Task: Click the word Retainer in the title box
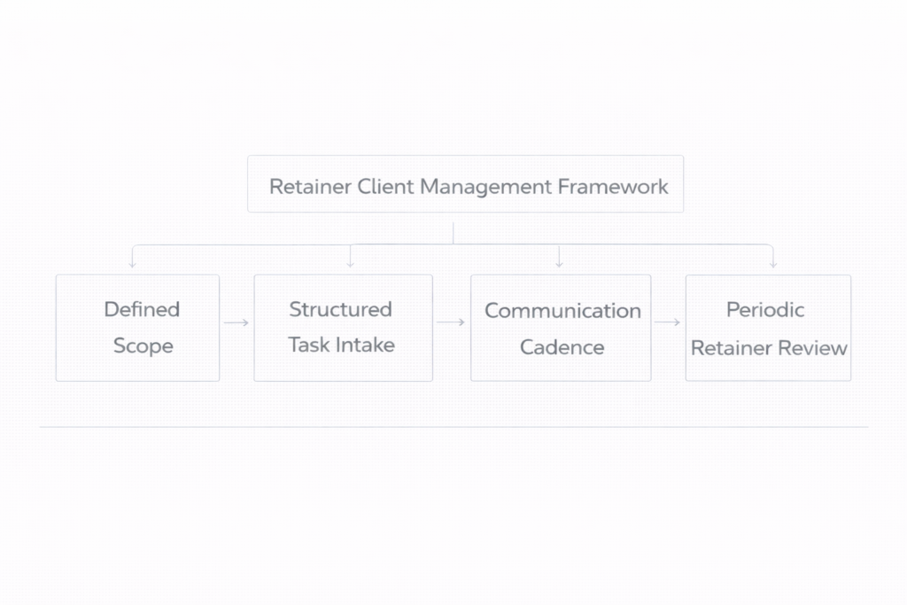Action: click(310, 187)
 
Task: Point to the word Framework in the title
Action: click(613, 187)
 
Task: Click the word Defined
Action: click(142, 309)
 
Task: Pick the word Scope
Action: click(143, 345)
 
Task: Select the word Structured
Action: click(340, 309)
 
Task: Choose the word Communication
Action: click(562, 311)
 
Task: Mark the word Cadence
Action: click(562, 347)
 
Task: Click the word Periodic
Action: click(765, 309)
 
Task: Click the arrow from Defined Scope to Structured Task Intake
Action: click(236, 323)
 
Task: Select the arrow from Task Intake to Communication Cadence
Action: click(452, 322)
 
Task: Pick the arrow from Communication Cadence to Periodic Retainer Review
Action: click(668, 323)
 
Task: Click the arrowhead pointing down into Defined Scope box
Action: click(132, 263)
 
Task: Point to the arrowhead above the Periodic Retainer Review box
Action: click(773, 263)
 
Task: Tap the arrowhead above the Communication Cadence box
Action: click(559, 263)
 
